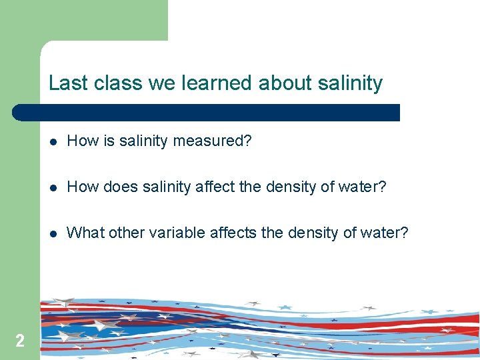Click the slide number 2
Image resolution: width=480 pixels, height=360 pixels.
click(x=20, y=341)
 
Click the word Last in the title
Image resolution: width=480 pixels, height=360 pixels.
click(x=62, y=83)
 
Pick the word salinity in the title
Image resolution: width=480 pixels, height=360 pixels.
click(x=351, y=83)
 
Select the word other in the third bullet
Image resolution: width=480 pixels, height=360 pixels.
click(x=126, y=233)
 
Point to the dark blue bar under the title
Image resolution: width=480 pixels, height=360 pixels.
click(x=207, y=112)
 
